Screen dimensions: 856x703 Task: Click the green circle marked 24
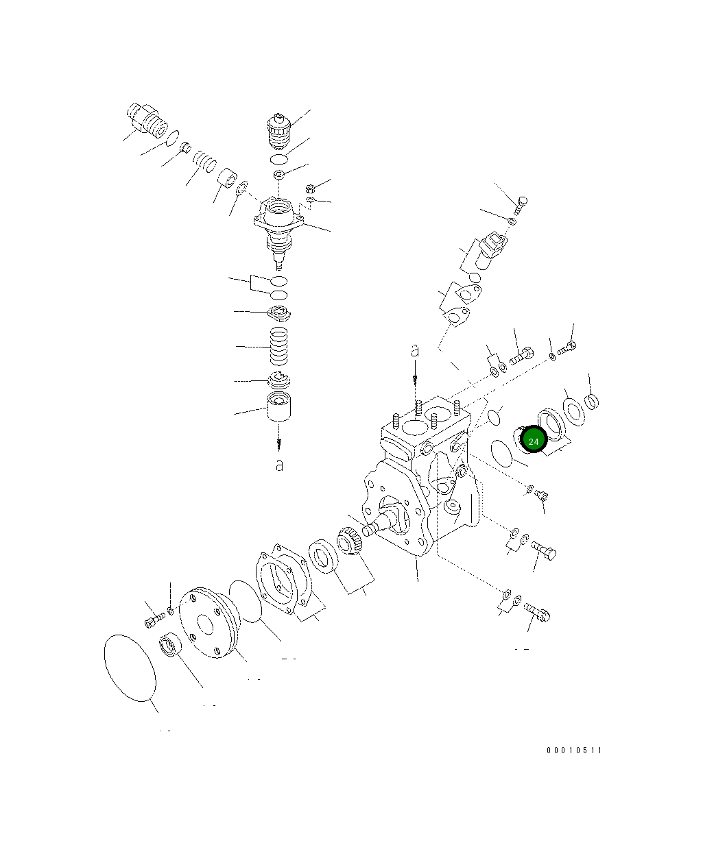533,440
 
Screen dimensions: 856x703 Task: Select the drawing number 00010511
573,750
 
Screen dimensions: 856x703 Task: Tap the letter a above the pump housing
414,351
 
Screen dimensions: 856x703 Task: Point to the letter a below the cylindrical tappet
278,465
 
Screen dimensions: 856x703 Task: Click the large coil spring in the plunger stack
278,347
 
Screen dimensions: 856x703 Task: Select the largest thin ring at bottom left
130,667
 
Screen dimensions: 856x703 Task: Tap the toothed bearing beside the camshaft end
349,541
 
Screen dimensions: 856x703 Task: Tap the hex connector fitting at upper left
147,119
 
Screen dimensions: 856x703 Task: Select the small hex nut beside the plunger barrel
309,188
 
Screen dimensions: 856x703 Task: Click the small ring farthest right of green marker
593,401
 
